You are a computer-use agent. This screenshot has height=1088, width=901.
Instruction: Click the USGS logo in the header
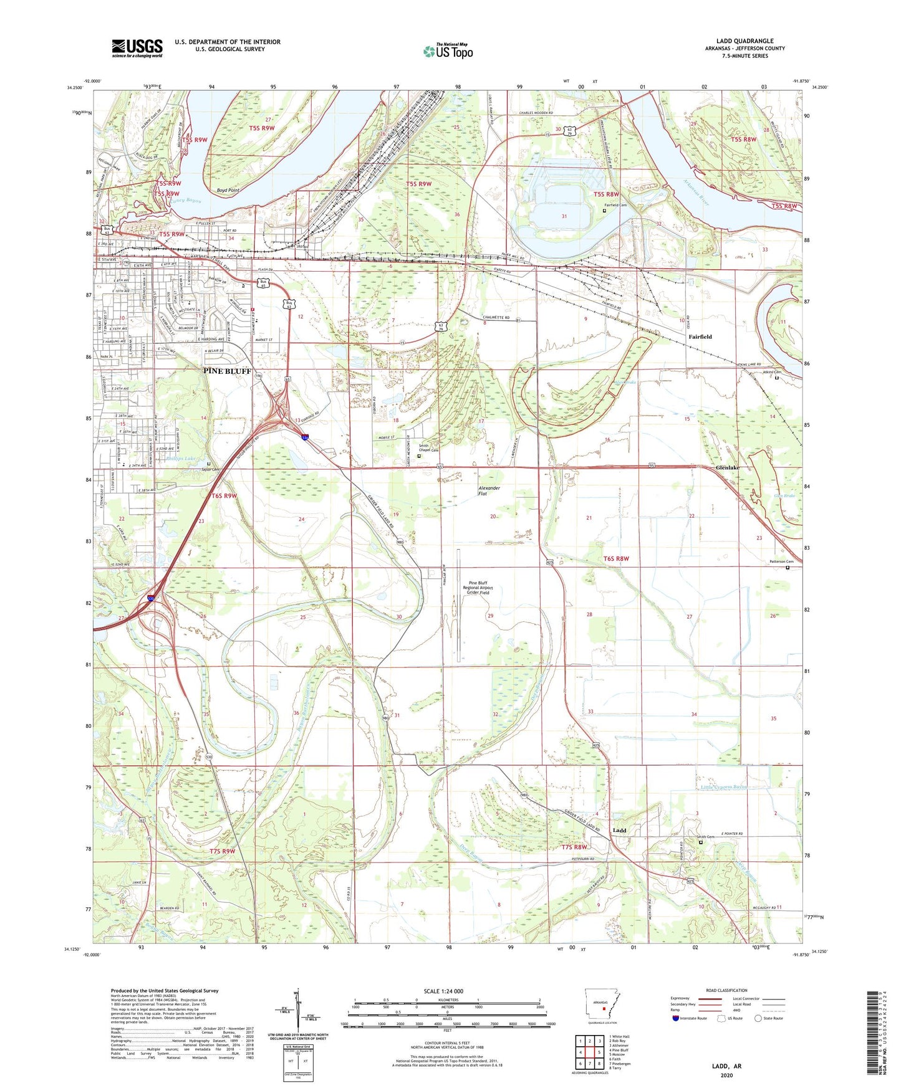pos(137,48)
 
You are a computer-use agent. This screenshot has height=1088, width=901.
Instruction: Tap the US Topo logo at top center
pos(448,51)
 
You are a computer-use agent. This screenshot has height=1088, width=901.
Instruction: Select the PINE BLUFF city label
pos(227,371)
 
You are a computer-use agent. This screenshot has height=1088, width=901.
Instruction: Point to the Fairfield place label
pos(700,336)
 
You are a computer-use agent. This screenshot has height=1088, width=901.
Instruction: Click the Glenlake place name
pos(727,467)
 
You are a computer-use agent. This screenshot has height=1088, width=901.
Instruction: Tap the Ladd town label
pos(619,830)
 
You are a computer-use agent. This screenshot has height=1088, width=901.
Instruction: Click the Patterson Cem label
pos(781,561)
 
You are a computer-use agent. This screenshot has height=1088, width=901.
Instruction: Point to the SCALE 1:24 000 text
pos(443,991)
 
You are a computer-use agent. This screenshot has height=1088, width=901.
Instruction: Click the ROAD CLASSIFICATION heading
pos(726,990)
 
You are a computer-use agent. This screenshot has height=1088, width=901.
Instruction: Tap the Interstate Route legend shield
pos(676,1018)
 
